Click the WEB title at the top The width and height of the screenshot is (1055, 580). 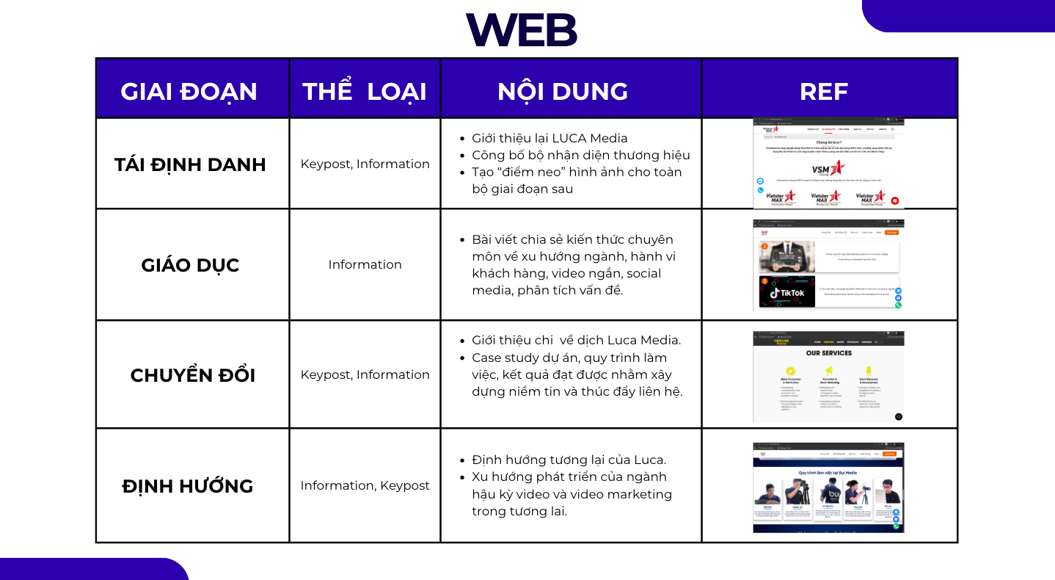coord(522,29)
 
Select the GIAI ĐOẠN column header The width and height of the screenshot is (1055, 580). coord(189,91)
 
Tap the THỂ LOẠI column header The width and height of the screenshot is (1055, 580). coord(365,91)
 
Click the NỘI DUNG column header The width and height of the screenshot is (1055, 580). coord(563,91)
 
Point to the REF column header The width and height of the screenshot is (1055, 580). coord(824,91)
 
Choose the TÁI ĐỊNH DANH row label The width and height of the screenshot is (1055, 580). coord(190,164)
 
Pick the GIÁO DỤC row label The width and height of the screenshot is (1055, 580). coord(190,265)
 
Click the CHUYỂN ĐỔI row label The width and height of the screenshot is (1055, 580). coord(192,375)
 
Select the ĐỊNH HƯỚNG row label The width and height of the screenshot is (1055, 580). coord(188,486)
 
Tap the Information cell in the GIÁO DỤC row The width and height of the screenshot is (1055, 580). coord(365,264)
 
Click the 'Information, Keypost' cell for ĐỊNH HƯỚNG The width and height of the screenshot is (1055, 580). coord(365,485)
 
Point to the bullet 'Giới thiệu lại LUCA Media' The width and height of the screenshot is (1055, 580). coord(550,138)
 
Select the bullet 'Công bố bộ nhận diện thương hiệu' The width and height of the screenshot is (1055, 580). coord(580,155)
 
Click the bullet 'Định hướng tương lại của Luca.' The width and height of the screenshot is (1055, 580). coord(569,460)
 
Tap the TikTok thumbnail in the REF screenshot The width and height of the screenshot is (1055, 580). coord(787,292)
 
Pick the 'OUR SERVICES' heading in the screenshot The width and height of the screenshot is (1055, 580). coord(828,353)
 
